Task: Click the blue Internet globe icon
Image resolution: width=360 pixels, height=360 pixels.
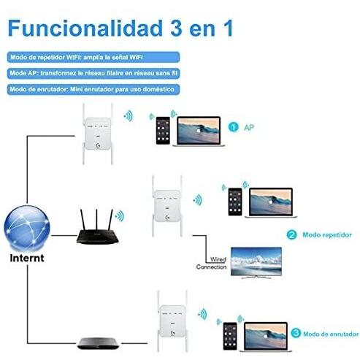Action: [x=27, y=229]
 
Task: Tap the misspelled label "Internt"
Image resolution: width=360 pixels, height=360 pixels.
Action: [x=27, y=258]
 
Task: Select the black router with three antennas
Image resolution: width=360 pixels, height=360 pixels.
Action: [x=97, y=227]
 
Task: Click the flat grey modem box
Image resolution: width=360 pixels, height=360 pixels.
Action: [x=98, y=343]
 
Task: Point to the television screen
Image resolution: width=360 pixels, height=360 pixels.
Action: [x=256, y=262]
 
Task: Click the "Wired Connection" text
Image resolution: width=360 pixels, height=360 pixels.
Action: [x=211, y=263]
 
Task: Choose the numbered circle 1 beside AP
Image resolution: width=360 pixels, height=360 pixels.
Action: [x=234, y=127]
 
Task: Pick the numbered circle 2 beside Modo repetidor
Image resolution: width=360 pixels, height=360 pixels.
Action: [x=291, y=235]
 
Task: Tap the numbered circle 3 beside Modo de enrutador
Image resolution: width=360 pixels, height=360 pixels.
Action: [x=296, y=333]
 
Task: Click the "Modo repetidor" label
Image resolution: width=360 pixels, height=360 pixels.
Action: [x=327, y=235]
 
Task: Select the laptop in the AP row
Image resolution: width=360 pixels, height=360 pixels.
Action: [x=199, y=131]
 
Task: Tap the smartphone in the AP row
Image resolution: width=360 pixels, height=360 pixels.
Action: [x=163, y=131]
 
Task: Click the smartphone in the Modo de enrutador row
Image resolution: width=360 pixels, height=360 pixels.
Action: [x=230, y=336]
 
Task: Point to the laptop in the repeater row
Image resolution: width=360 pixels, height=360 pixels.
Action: [x=271, y=202]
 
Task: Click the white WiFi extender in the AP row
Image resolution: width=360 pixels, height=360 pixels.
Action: [x=98, y=134]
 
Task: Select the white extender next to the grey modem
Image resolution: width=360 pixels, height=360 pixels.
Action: [x=172, y=321]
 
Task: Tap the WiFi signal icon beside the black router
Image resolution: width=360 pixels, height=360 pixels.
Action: [x=120, y=216]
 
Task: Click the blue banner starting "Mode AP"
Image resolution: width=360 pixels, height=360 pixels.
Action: [x=93, y=73]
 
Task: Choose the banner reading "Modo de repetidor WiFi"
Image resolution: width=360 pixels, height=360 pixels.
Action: [x=93, y=57]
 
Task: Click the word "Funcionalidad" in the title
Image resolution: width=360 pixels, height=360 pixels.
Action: [x=85, y=28]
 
